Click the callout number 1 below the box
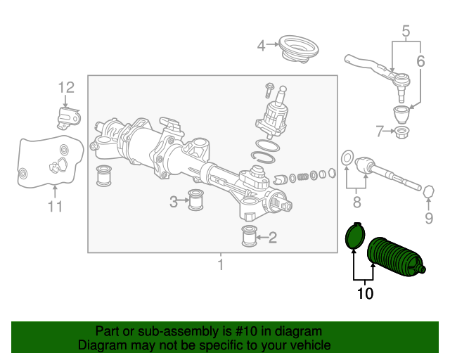[220, 264]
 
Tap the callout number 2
[272, 238]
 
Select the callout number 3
[174, 202]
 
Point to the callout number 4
[261, 46]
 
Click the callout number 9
[429, 219]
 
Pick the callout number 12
[66, 88]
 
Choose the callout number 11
[55, 206]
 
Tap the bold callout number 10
[365, 293]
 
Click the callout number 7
[380, 131]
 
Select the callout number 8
[356, 202]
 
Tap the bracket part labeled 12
[67, 115]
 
